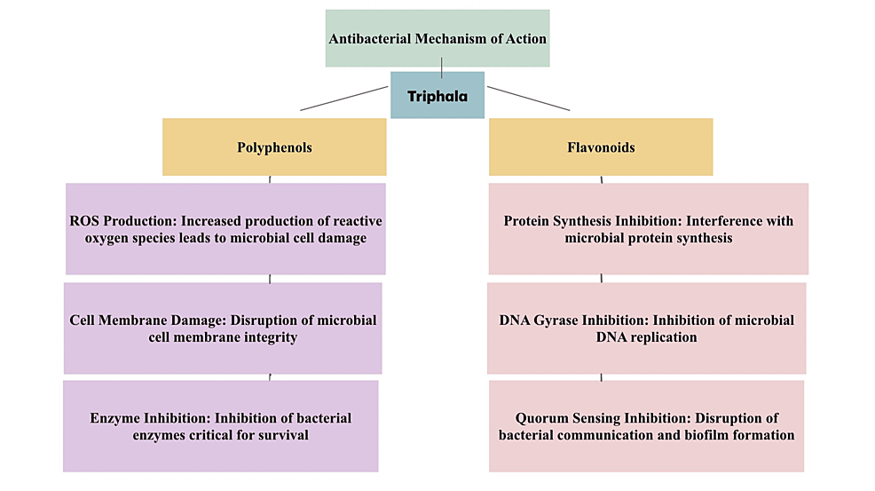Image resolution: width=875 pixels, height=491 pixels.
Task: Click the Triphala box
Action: click(x=437, y=96)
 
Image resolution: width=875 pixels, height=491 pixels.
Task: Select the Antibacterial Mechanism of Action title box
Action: click(x=437, y=38)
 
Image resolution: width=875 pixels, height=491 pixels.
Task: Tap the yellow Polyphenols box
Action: click(x=274, y=147)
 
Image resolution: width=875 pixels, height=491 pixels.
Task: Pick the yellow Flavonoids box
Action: click(x=601, y=147)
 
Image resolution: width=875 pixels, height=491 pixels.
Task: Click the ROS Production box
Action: click(x=225, y=229)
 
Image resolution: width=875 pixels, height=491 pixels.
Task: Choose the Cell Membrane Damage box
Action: click(x=223, y=328)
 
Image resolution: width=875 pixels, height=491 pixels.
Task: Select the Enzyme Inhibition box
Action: click(x=220, y=425)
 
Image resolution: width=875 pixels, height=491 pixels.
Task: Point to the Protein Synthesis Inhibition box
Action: click(x=648, y=229)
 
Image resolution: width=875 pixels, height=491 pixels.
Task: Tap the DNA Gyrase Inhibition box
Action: click(x=646, y=328)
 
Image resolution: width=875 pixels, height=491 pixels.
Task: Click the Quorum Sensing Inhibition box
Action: click(x=646, y=425)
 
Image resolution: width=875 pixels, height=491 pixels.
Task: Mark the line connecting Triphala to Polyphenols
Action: click(x=344, y=99)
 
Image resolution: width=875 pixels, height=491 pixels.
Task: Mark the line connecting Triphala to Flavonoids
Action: click(x=529, y=99)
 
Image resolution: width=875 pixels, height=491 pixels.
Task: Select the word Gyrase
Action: click(x=557, y=320)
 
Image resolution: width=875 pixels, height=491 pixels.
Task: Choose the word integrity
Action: click(x=268, y=337)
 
